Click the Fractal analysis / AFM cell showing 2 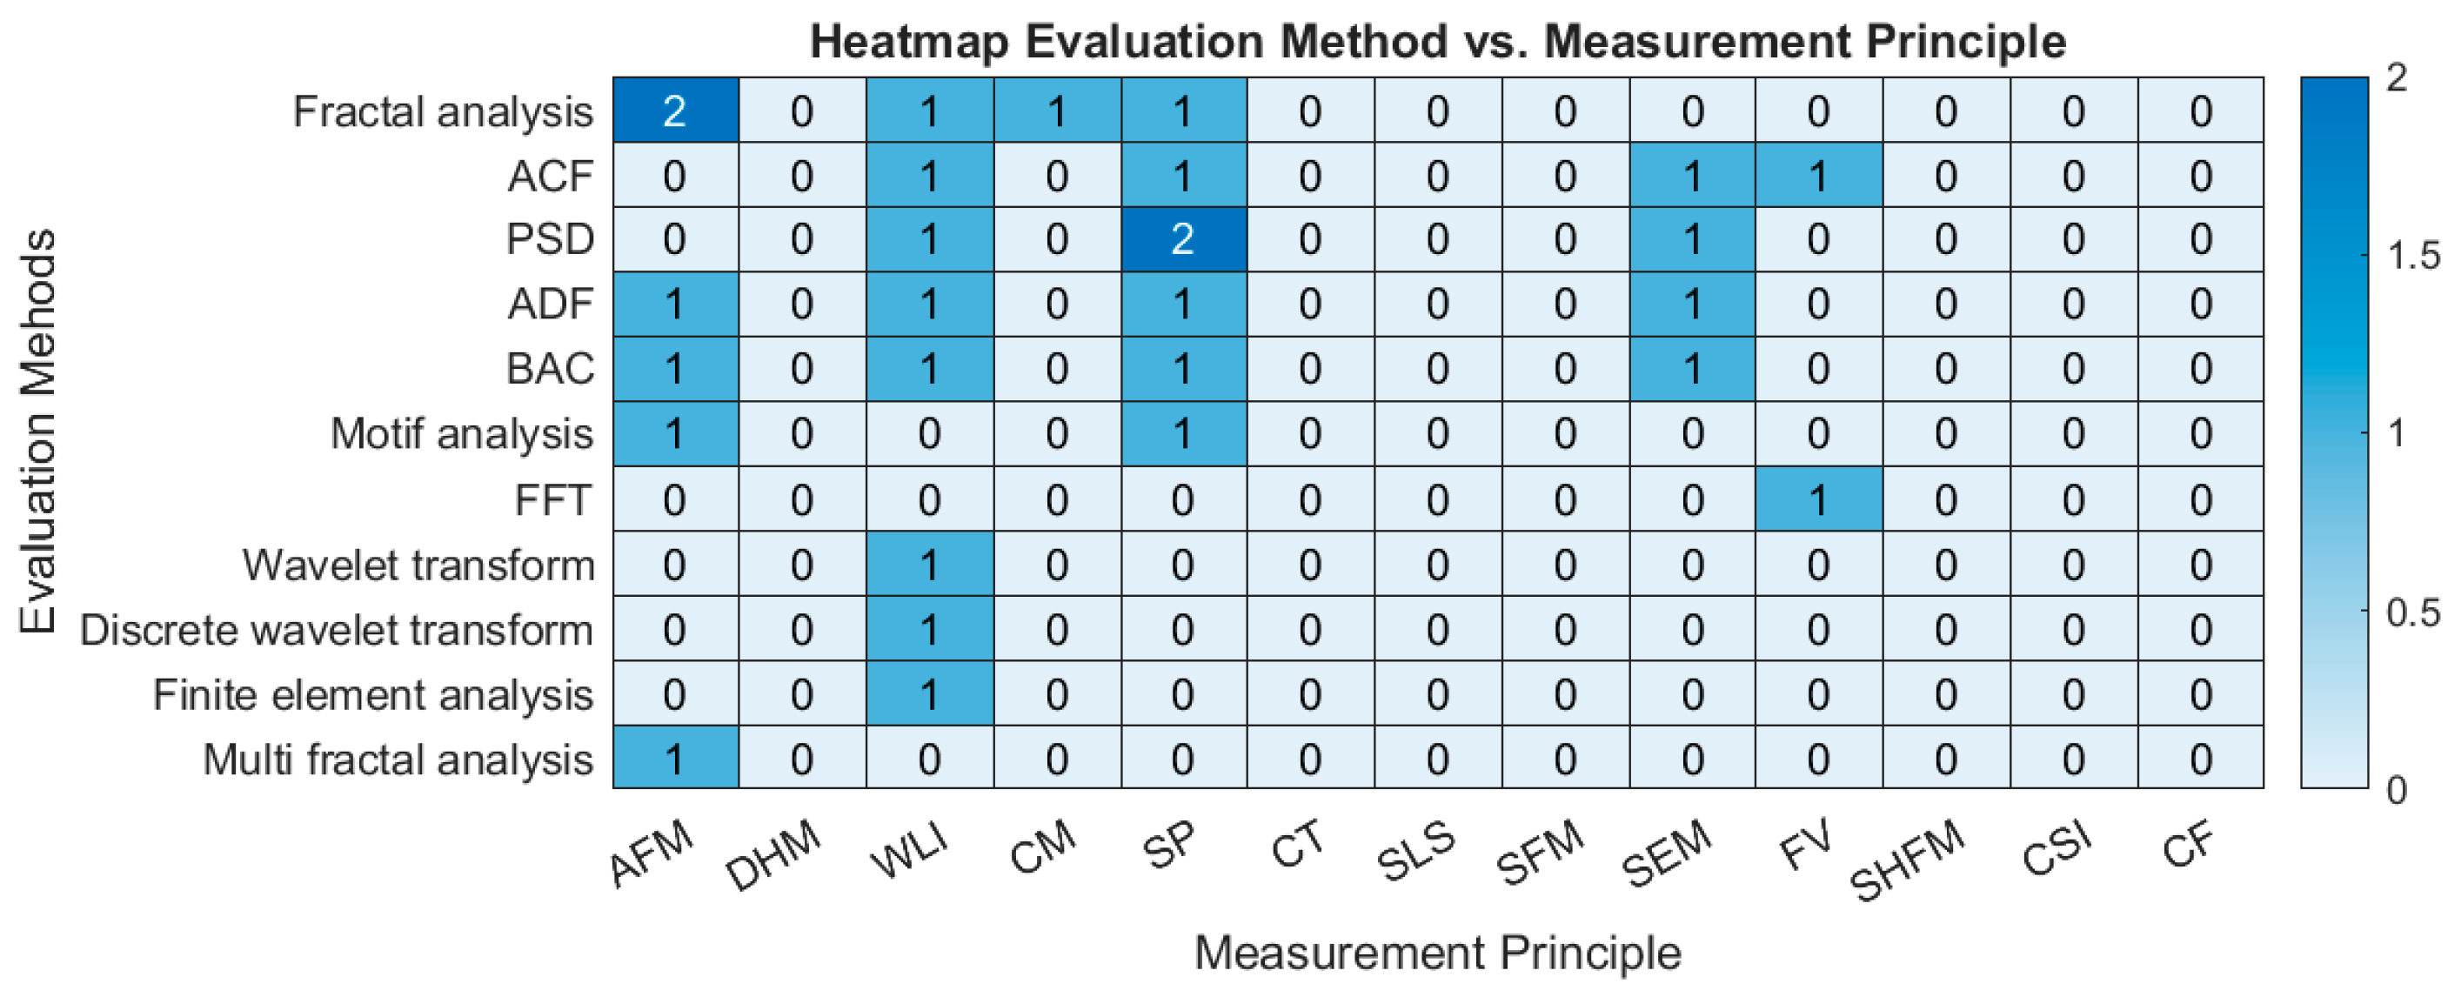point(674,110)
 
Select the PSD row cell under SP point(1183,238)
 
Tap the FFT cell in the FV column point(1818,499)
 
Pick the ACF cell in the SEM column point(1692,176)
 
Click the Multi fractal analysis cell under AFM point(674,759)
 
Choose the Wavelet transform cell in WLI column point(928,565)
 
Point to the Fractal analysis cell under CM point(1056,110)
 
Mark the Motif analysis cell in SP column point(1183,433)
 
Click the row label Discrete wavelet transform point(337,630)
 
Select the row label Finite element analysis point(372,695)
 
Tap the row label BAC point(551,369)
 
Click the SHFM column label point(1908,860)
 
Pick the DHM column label point(772,853)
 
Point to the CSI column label point(2056,848)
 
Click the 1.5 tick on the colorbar point(2411,256)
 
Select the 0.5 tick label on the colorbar point(2411,612)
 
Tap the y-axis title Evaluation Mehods point(38,432)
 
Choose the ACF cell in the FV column point(1818,176)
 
